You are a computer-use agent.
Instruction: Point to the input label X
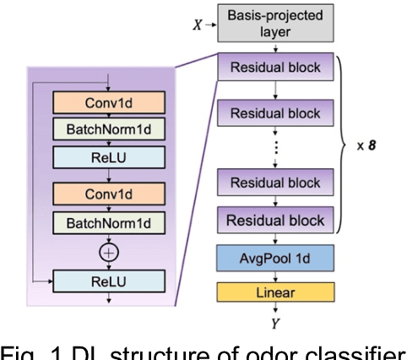[198, 25]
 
